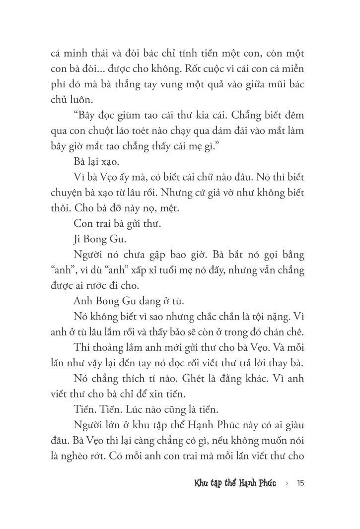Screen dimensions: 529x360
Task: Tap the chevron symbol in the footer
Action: (288, 483)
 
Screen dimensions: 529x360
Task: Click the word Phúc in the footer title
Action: (264, 483)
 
